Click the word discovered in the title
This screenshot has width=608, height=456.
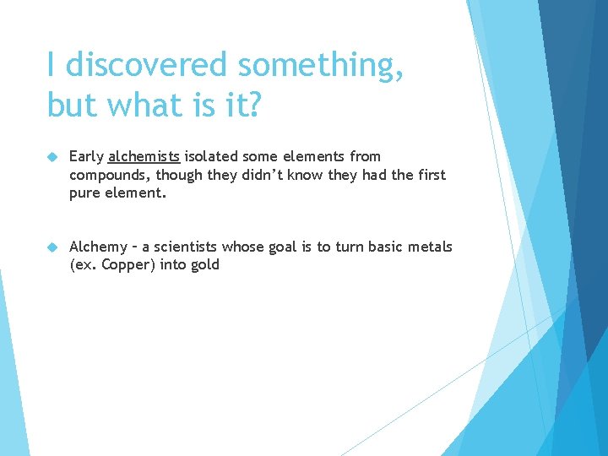pos(147,64)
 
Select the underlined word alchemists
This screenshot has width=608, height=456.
pos(144,156)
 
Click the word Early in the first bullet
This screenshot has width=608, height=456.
pos(86,156)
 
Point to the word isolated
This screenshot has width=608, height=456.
pos(211,156)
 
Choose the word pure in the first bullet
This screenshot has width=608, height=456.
pos(86,193)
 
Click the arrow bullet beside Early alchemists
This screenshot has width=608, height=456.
pos(52,157)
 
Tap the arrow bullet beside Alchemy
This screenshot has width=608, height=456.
pos(52,247)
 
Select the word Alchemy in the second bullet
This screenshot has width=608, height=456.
pos(98,247)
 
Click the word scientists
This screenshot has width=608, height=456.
pos(184,247)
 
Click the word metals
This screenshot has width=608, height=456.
pos(432,247)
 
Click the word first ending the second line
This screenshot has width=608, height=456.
pos(430,175)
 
